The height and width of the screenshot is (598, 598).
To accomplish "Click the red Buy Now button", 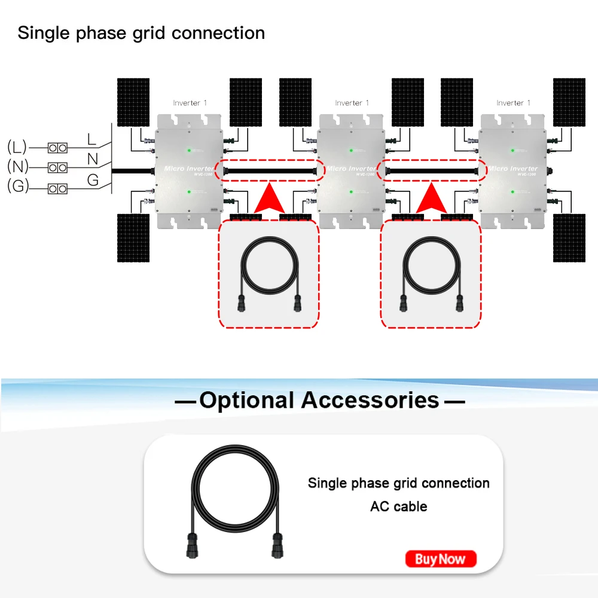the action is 441,559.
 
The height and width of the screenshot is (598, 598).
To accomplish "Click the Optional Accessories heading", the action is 319,400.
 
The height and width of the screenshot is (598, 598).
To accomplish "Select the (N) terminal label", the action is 17,167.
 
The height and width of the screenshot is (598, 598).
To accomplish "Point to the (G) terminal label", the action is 17,187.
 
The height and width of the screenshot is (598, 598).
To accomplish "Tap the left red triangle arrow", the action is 269,199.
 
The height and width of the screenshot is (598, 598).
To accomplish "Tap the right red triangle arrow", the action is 431,199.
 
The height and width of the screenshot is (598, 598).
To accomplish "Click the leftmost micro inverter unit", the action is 188,170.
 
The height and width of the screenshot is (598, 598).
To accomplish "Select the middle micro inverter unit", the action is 350,170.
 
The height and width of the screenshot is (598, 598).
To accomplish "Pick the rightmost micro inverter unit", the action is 512,170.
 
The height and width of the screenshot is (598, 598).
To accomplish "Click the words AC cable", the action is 398,507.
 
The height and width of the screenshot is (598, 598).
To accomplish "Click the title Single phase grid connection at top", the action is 141,32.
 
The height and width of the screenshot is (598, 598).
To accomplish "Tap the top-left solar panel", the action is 133,102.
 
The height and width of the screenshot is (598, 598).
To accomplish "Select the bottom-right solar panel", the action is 569,237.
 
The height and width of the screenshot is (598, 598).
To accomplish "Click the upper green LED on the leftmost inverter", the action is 189,150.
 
